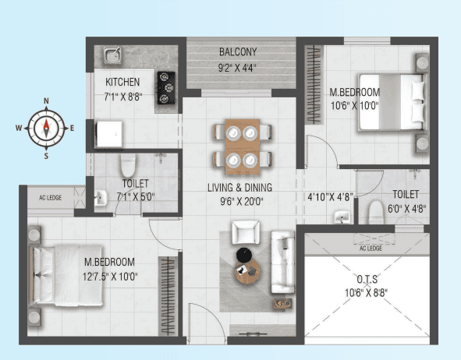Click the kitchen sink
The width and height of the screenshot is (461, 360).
(112, 55)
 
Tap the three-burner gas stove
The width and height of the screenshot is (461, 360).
(166, 88)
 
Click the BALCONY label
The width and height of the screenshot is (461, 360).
(238, 52)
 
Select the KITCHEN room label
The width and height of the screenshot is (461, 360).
(122, 82)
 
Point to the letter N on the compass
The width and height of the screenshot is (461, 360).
(46, 101)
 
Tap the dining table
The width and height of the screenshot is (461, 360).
(243, 146)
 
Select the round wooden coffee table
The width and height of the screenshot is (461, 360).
(247, 272)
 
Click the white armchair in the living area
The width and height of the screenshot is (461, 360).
(246, 232)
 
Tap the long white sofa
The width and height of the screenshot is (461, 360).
(282, 262)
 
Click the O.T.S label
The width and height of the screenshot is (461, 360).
(367, 279)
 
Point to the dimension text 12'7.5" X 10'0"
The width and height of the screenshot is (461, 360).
(110, 277)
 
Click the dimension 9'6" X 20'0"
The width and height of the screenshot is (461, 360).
(242, 202)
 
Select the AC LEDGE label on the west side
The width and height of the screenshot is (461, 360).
(50, 198)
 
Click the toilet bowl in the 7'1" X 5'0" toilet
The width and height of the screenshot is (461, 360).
(128, 166)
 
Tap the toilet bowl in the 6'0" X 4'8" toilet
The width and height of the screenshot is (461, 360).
(376, 212)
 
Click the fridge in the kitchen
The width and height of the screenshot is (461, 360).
(109, 134)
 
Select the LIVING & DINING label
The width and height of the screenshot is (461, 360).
(240, 188)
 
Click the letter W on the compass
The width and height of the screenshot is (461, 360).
(19, 128)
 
